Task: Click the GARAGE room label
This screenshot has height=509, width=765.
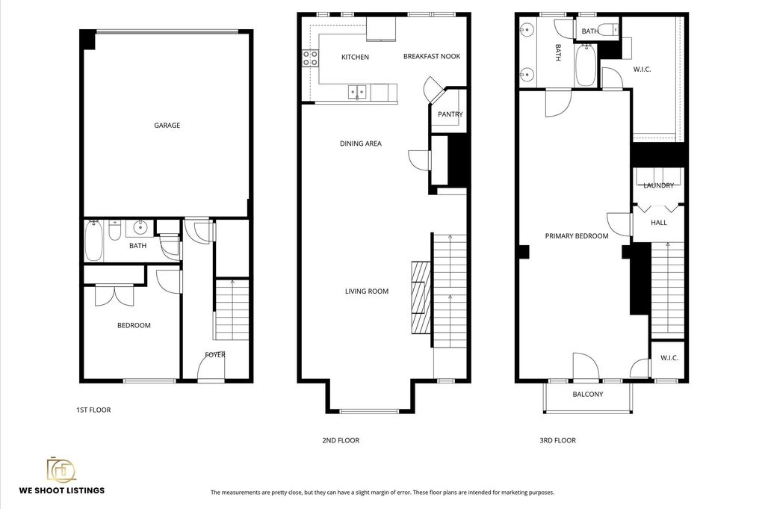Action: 167,126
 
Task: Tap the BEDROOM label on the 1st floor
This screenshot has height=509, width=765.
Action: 134,326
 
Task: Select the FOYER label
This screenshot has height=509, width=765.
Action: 215,355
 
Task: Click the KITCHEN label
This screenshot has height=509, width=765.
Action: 355,57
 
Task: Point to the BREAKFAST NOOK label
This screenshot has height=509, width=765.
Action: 432,56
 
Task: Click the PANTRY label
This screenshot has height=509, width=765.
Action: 450,114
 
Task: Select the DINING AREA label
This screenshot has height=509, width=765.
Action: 361,144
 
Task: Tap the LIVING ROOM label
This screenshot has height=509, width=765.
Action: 367,291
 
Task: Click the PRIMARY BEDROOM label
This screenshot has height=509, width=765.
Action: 577,235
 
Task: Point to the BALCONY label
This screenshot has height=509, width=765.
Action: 588,394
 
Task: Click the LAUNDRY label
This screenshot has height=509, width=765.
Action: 659,185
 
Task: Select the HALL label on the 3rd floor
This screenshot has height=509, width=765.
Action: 659,223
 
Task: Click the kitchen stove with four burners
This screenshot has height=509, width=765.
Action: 311,58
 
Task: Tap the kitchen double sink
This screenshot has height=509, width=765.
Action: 358,92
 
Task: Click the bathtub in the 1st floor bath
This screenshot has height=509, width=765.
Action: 94,241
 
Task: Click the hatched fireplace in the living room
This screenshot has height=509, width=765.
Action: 421,297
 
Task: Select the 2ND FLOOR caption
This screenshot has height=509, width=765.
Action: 341,440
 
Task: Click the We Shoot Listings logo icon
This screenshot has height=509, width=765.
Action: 61,469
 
